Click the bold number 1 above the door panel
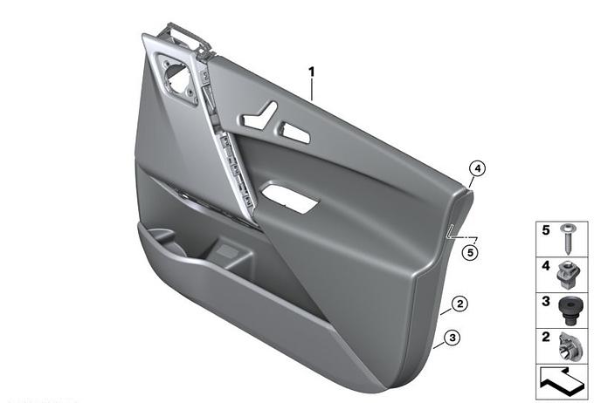(311, 72)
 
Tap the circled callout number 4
(477, 168)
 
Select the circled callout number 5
(470, 252)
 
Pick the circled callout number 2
(459, 304)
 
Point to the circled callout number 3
(452, 338)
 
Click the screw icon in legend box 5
(569, 239)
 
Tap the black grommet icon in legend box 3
(569, 311)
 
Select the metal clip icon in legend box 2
(568, 345)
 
